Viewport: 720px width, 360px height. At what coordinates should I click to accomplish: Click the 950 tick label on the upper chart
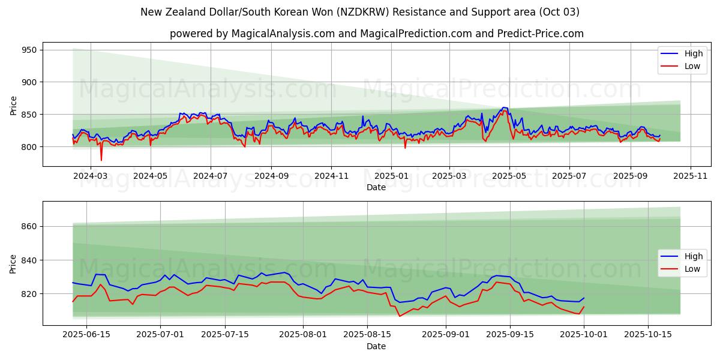click(x=29, y=50)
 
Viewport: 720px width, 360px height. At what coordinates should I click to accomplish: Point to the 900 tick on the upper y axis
click(x=29, y=82)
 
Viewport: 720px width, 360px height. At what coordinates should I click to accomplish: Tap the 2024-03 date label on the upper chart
click(x=90, y=176)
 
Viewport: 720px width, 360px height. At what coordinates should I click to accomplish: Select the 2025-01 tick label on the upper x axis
click(x=391, y=176)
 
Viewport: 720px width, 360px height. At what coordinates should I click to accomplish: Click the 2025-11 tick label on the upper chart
click(x=691, y=176)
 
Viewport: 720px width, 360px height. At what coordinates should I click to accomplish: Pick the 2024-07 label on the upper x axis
click(x=210, y=176)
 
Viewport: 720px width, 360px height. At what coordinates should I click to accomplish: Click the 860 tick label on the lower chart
click(x=29, y=227)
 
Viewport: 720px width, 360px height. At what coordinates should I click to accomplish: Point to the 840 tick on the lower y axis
click(x=29, y=260)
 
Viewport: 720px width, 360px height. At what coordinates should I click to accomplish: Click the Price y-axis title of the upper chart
click(x=14, y=105)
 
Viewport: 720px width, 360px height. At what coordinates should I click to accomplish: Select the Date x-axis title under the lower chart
click(x=376, y=346)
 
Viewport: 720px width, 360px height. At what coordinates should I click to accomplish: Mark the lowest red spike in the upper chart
click(x=101, y=160)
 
